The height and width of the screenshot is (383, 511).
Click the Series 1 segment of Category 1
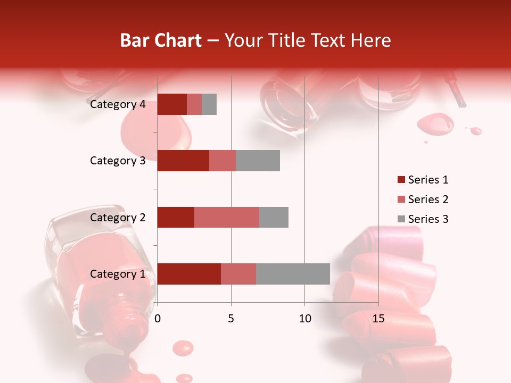click(189, 274)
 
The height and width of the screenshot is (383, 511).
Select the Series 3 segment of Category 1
click(293, 274)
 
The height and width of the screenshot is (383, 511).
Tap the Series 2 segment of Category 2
click(227, 217)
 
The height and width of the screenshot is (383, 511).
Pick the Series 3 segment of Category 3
click(258, 161)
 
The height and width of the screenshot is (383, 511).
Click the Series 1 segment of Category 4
click(172, 104)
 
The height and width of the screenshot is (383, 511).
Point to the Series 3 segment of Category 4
click(209, 104)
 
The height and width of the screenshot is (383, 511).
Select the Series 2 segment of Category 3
click(222, 161)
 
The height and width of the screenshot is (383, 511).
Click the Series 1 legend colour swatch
click(401, 180)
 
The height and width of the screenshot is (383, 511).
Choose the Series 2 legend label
click(428, 199)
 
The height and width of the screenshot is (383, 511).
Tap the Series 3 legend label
click(428, 219)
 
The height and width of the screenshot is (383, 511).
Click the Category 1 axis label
click(118, 274)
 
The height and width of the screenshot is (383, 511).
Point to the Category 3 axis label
click(118, 161)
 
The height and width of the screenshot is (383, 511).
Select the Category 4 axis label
click(118, 104)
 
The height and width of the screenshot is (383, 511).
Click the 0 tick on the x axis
click(158, 319)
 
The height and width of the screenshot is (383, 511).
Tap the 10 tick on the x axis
click(304, 319)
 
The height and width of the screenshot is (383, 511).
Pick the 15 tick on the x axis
click(378, 319)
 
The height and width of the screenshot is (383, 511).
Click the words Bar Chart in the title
click(161, 40)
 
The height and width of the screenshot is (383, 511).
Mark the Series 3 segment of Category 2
click(274, 217)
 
